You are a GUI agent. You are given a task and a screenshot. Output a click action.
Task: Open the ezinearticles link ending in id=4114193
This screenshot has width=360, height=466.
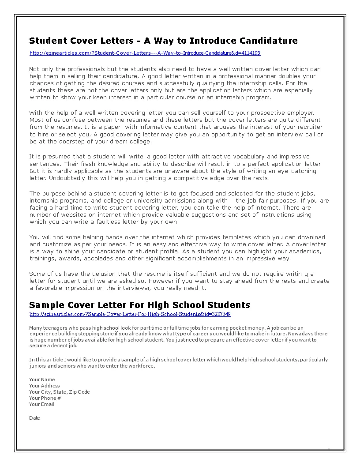pos(145,53)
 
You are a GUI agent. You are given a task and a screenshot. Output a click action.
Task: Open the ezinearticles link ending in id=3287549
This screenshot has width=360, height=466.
pos(130,314)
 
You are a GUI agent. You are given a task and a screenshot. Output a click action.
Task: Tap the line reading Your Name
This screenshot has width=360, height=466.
pos(42,380)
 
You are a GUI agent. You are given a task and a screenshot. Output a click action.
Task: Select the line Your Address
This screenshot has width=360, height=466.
pos(44,386)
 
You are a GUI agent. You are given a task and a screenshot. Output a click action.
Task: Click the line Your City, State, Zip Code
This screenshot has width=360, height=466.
pos(59,392)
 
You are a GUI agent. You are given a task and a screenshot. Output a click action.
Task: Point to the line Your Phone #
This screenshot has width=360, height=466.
pos(45,398)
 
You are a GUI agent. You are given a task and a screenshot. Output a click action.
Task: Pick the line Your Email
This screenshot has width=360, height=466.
pos(41,404)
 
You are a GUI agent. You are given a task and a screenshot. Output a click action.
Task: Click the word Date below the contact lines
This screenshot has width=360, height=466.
pos(34,418)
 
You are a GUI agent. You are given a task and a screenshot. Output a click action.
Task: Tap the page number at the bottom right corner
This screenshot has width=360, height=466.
pos(329,449)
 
